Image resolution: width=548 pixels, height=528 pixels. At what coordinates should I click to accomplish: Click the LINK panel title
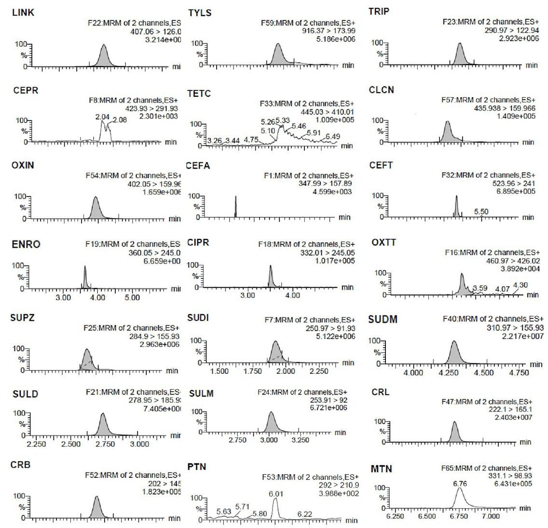point(23,12)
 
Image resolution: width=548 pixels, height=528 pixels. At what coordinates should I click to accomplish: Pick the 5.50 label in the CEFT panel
point(481,211)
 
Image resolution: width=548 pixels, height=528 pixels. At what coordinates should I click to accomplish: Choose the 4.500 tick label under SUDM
point(484,373)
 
